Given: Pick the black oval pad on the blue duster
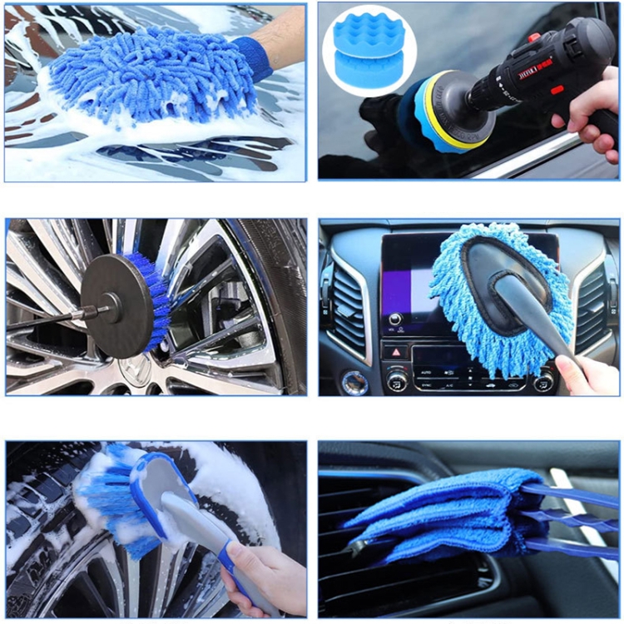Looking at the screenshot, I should (491, 279).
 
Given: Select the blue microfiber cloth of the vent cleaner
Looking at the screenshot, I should (449, 512).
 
